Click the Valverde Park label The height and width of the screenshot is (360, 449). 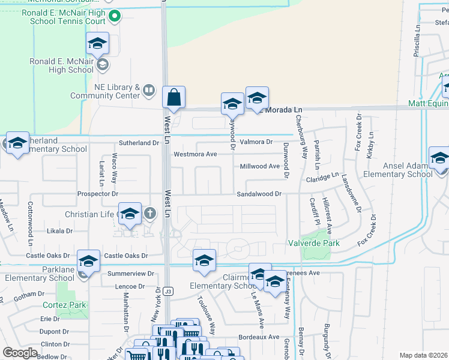click(321, 243)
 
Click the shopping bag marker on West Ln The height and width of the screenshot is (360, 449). click(173, 97)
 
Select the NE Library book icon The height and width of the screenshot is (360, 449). click(149, 91)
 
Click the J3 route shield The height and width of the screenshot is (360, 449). click(169, 292)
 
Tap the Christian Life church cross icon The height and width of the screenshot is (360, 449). click(149, 213)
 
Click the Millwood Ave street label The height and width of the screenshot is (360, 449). click(260, 166)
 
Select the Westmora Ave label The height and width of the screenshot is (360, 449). click(195, 154)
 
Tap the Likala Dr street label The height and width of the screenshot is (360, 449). click(60, 230)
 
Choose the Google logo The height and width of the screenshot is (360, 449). click(20, 353)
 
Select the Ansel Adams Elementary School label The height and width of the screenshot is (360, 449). click(404, 170)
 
